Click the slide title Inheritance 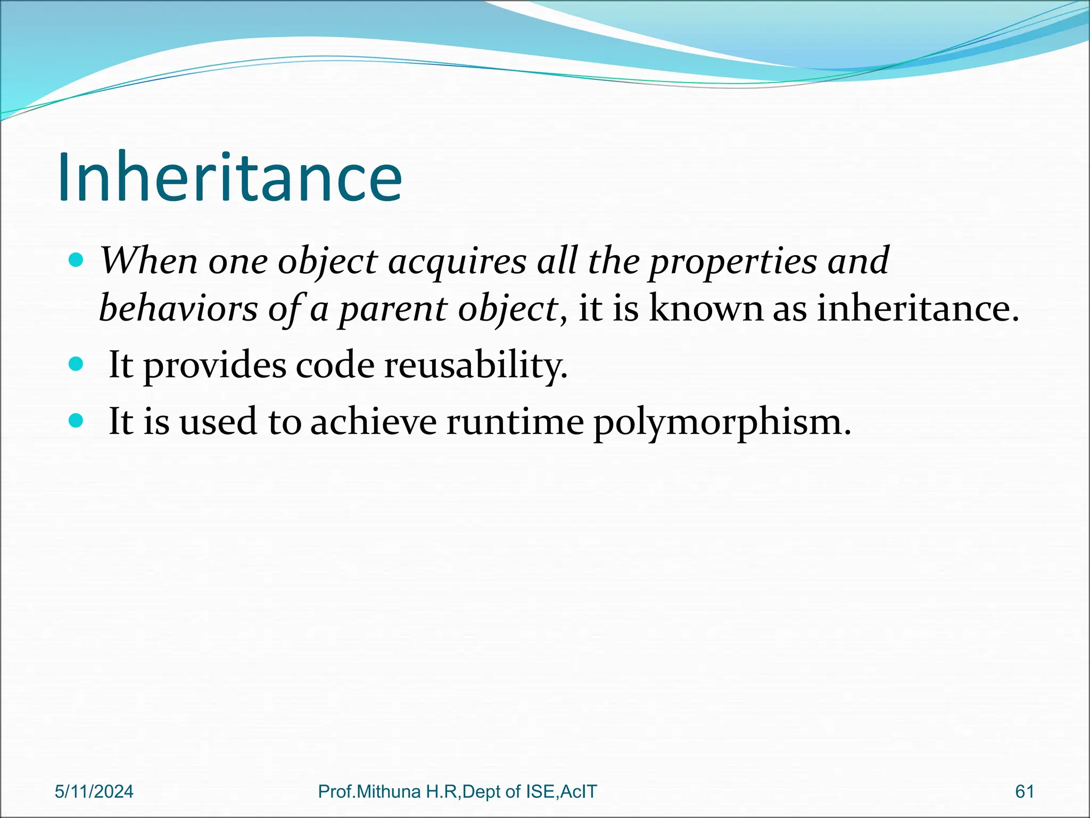pos(229,177)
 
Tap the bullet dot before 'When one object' pos(77,260)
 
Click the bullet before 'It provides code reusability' pos(77,364)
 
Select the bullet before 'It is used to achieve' pos(77,421)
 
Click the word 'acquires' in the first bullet pos(457,262)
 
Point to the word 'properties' pos(732,262)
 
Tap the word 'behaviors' pos(178,309)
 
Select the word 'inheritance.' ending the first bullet pos(918,309)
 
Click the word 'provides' pos(214,366)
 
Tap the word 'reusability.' pos(476,366)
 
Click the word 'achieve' pos(373,422)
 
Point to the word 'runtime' pos(515,422)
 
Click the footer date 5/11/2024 pos(94,792)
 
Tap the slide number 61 pos(1025,792)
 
